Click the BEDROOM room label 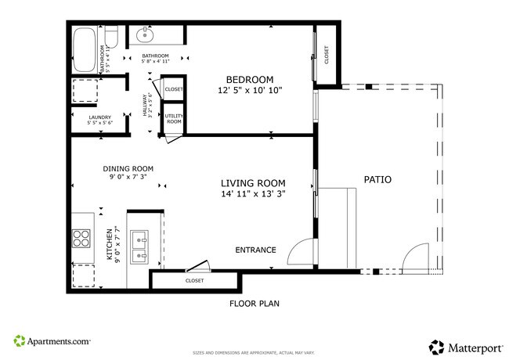[250, 80]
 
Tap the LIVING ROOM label [253, 183]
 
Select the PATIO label [377, 180]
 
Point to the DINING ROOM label [128, 168]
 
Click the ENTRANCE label [256, 250]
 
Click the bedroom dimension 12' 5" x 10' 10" [250, 91]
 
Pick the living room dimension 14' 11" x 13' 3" [253, 194]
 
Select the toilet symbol [111, 35]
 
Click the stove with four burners [81, 238]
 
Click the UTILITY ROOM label [173, 119]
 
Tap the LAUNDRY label [99, 117]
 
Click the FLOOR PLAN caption [254, 303]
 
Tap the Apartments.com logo [52, 342]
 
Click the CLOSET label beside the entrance [195, 280]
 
